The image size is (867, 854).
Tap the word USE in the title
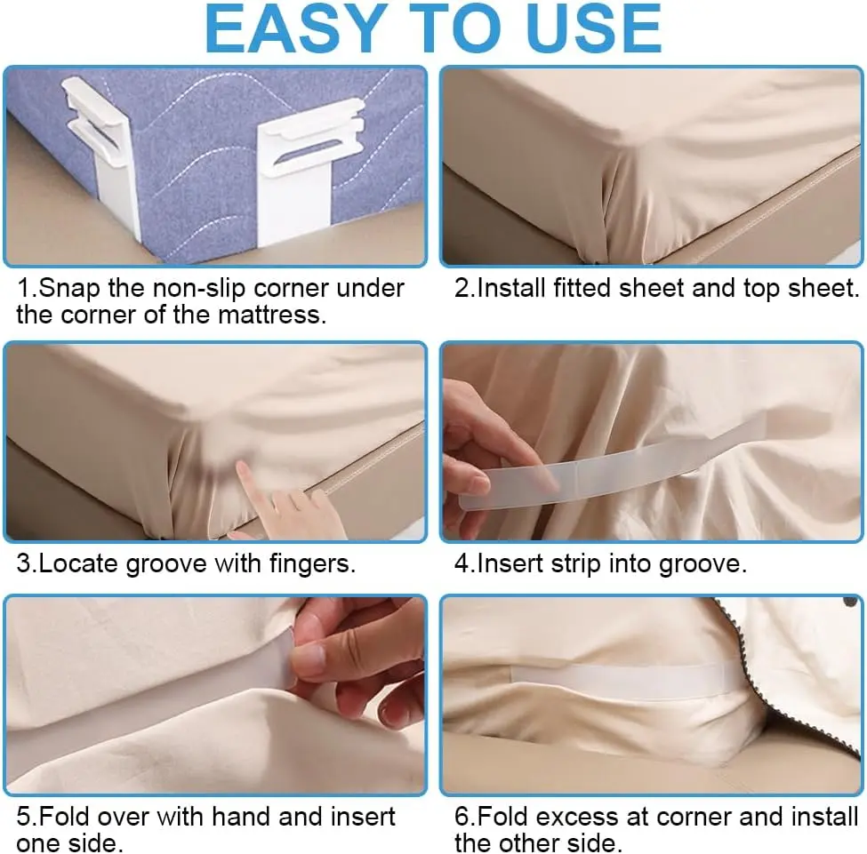[593, 28]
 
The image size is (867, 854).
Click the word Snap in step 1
[71, 289]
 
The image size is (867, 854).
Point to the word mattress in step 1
[271, 315]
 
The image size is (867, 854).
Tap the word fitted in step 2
[582, 288]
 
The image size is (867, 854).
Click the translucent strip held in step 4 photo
[608, 468]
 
